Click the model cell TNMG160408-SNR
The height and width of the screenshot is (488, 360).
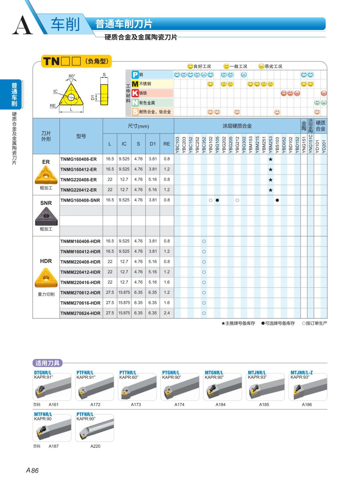[80, 200]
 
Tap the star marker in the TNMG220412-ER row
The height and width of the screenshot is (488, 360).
[271, 190]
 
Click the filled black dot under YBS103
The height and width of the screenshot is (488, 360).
[277, 200]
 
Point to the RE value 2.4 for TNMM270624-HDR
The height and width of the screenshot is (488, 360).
[167, 313]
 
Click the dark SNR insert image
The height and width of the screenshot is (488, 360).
[46, 216]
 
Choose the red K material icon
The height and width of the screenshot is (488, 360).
[135, 93]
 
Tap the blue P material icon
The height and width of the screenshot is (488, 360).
[135, 75]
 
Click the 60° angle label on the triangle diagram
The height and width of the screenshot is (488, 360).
[72, 76]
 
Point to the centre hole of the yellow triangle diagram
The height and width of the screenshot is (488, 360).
[71, 97]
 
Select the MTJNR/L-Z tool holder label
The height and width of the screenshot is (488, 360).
[301, 373]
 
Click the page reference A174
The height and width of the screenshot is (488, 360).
[179, 405]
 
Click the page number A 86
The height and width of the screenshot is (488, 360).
[32, 470]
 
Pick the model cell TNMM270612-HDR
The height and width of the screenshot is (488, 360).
[80, 293]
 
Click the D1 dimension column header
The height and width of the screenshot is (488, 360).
[153, 144]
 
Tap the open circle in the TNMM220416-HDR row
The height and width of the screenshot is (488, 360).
[204, 282]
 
